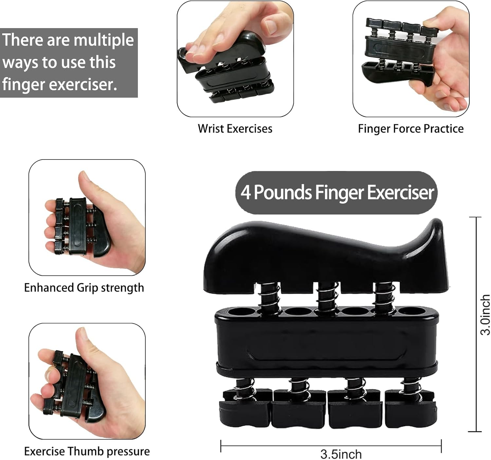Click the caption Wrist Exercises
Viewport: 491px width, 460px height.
click(x=235, y=129)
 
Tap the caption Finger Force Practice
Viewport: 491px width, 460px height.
click(x=411, y=129)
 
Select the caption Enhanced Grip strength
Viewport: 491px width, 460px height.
click(x=84, y=288)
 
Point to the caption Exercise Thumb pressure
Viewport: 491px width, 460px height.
click(x=87, y=451)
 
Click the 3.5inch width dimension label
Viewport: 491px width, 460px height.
click(x=341, y=454)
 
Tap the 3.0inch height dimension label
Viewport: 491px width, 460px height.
click(x=485, y=315)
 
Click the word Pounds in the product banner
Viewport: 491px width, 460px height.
click(x=282, y=193)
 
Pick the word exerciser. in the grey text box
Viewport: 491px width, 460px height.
click(x=83, y=84)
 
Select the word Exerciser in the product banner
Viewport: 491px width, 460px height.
click(x=400, y=193)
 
